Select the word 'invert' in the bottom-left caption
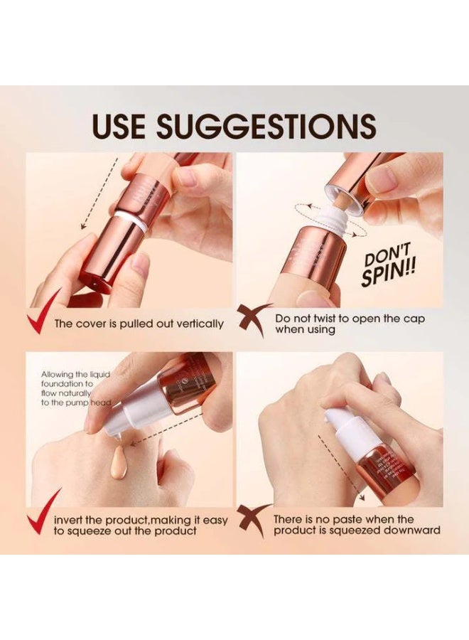(70, 520)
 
